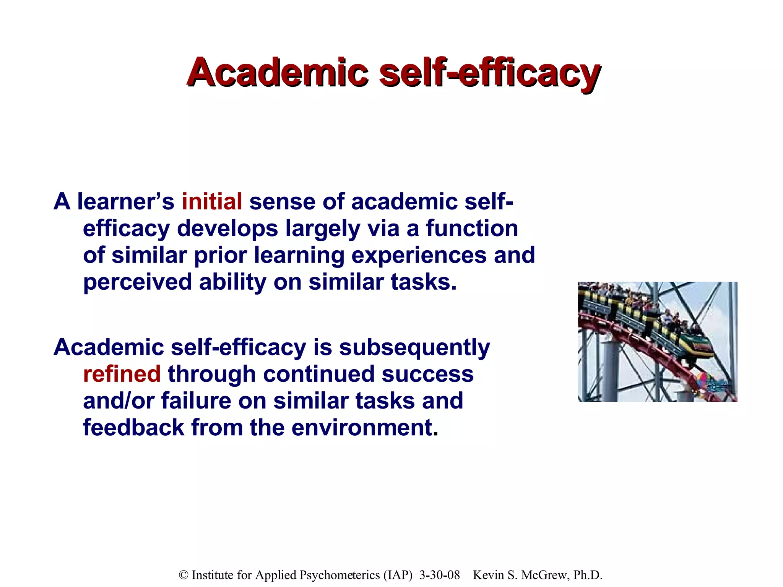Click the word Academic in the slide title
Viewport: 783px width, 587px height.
point(278,73)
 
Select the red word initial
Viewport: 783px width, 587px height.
point(212,201)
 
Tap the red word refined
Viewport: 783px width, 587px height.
point(122,374)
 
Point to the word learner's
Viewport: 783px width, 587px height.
point(126,201)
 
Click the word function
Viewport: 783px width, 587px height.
point(472,228)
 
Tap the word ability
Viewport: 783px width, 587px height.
point(232,282)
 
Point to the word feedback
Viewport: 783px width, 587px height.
point(133,427)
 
